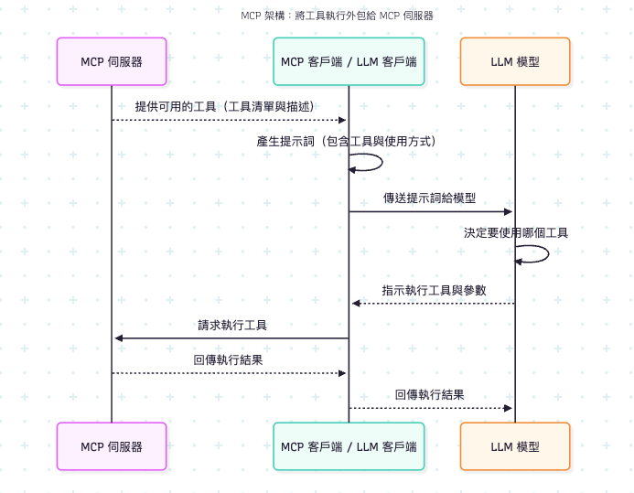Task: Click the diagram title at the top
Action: pyautogui.click(x=337, y=16)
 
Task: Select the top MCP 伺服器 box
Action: pyautogui.click(x=112, y=61)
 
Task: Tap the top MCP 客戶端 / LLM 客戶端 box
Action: pyautogui.click(x=349, y=61)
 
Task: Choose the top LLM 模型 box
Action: pyautogui.click(x=515, y=61)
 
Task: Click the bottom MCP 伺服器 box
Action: pyautogui.click(x=112, y=446)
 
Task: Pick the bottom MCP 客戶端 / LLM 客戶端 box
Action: pyautogui.click(x=349, y=446)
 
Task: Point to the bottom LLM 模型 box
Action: pyautogui.click(x=515, y=446)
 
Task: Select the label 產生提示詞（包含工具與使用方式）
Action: pyautogui.click(x=347, y=142)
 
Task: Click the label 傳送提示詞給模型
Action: pyautogui.click(x=429, y=198)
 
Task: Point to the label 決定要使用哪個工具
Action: pyautogui.click(x=515, y=232)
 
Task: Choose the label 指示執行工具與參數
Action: pyautogui.click(x=434, y=290)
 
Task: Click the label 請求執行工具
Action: pyautogui.click(x=232, y=325)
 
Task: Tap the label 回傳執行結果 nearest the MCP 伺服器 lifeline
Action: pyautogui.click(x=229, y=360)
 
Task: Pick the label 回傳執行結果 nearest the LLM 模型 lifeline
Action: pyautogui.click(x=429, y=395)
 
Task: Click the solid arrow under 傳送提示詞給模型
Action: pyautogui.click(x=431, y=212)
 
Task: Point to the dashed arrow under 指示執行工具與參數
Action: pyautogui.click(x=433, y=304)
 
